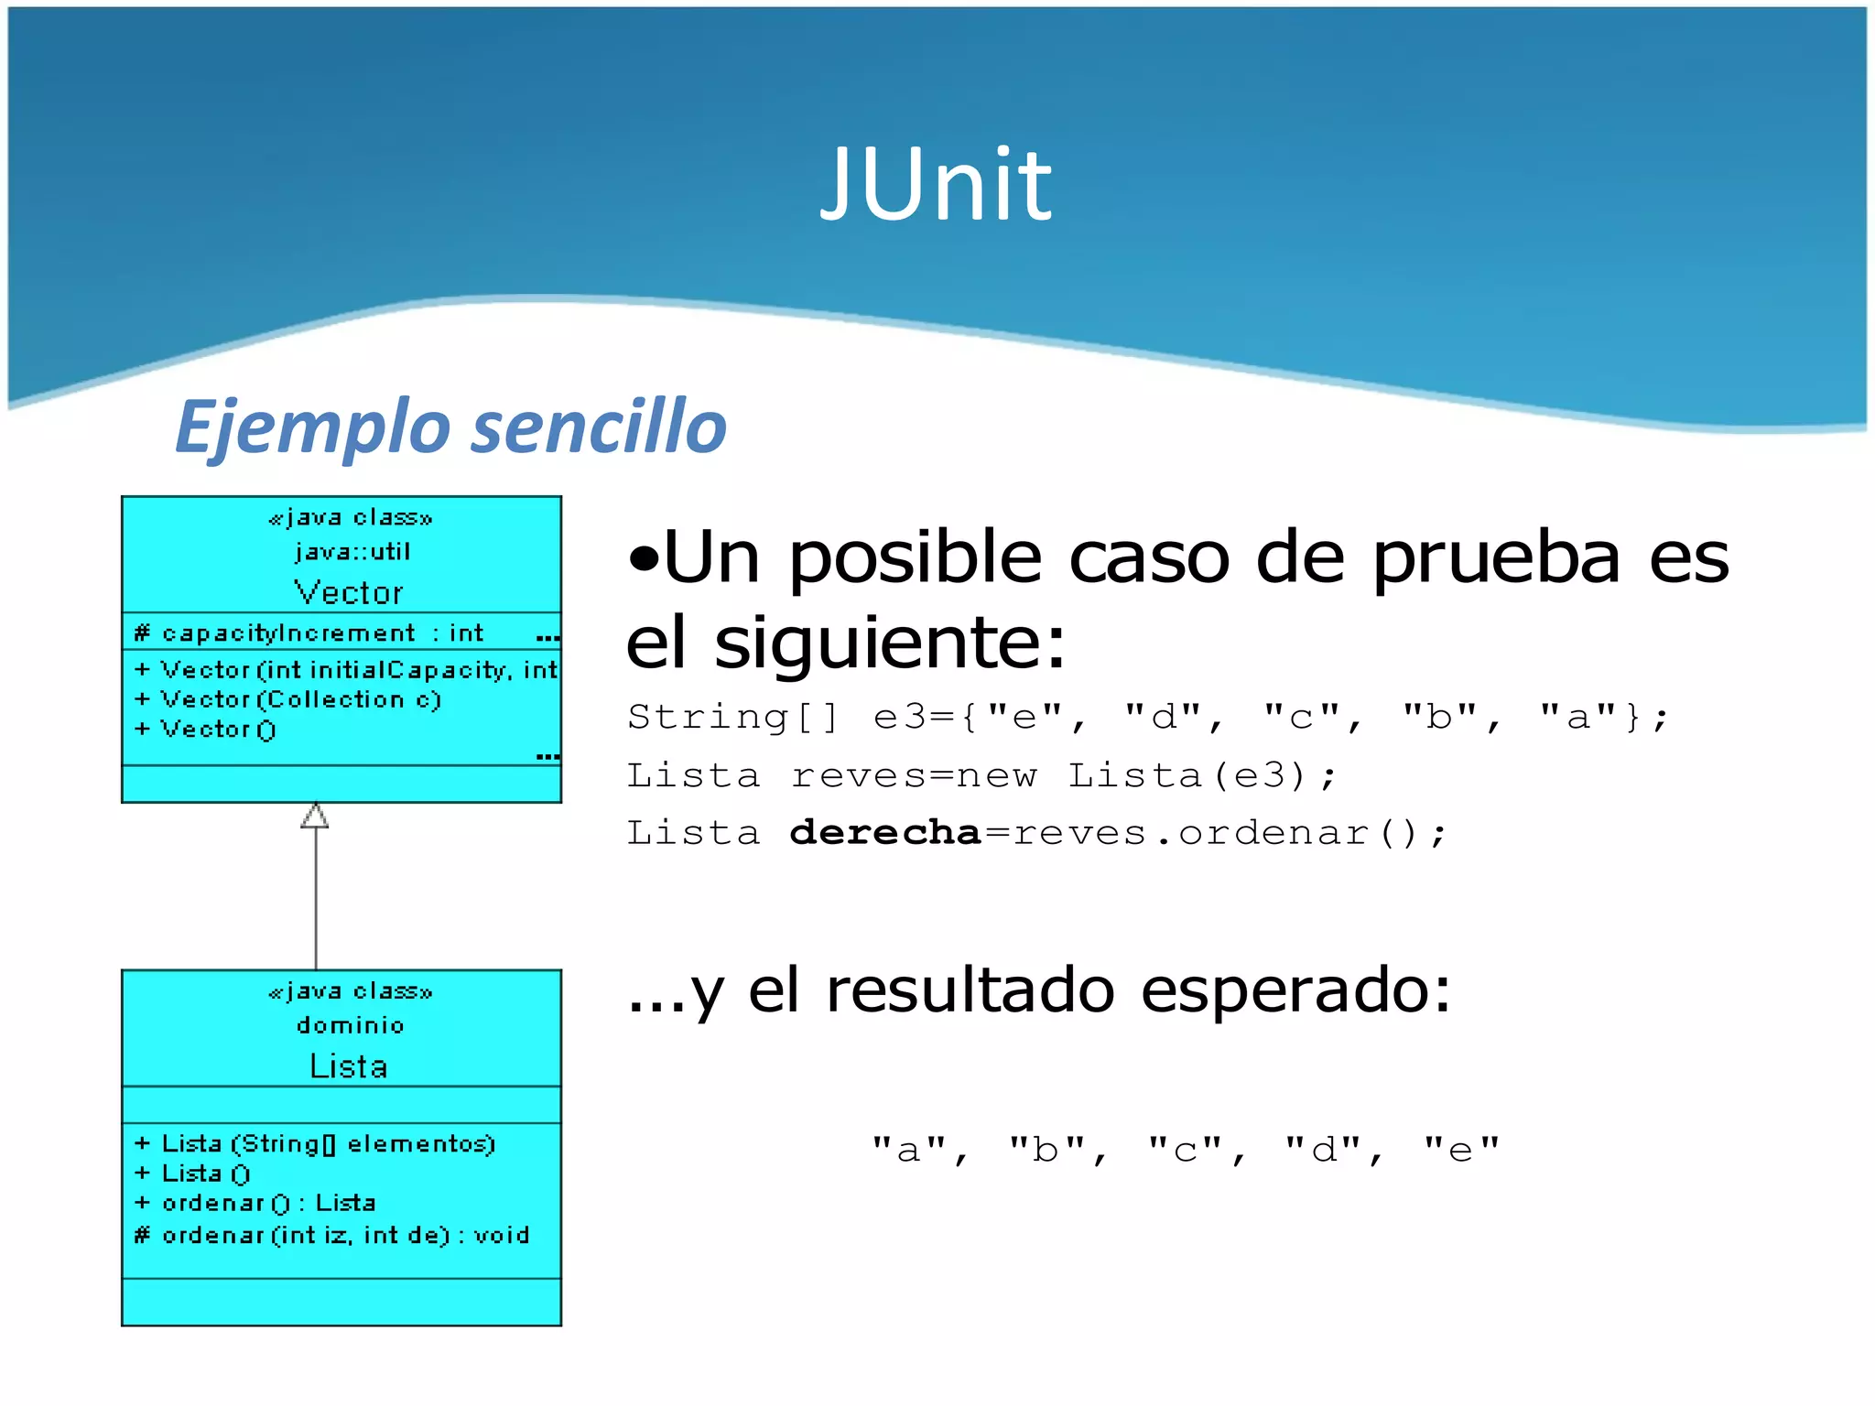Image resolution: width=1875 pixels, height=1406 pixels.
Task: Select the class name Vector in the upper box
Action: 348,593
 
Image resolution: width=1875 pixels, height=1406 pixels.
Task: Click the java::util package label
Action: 352,552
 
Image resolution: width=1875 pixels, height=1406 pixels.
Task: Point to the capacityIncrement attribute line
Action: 309,633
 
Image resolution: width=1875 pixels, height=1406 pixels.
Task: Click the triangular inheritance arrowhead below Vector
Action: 315,816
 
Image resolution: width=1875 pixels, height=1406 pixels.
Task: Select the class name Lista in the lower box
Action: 348,1067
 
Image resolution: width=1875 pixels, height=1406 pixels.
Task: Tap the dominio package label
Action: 350,1026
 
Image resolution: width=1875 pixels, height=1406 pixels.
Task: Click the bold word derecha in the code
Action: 884,833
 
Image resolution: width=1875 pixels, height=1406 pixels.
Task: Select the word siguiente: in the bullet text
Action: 890,643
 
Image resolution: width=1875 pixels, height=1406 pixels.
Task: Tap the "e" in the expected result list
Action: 1461,1150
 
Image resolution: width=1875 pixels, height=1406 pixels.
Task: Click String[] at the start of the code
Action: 732,717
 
